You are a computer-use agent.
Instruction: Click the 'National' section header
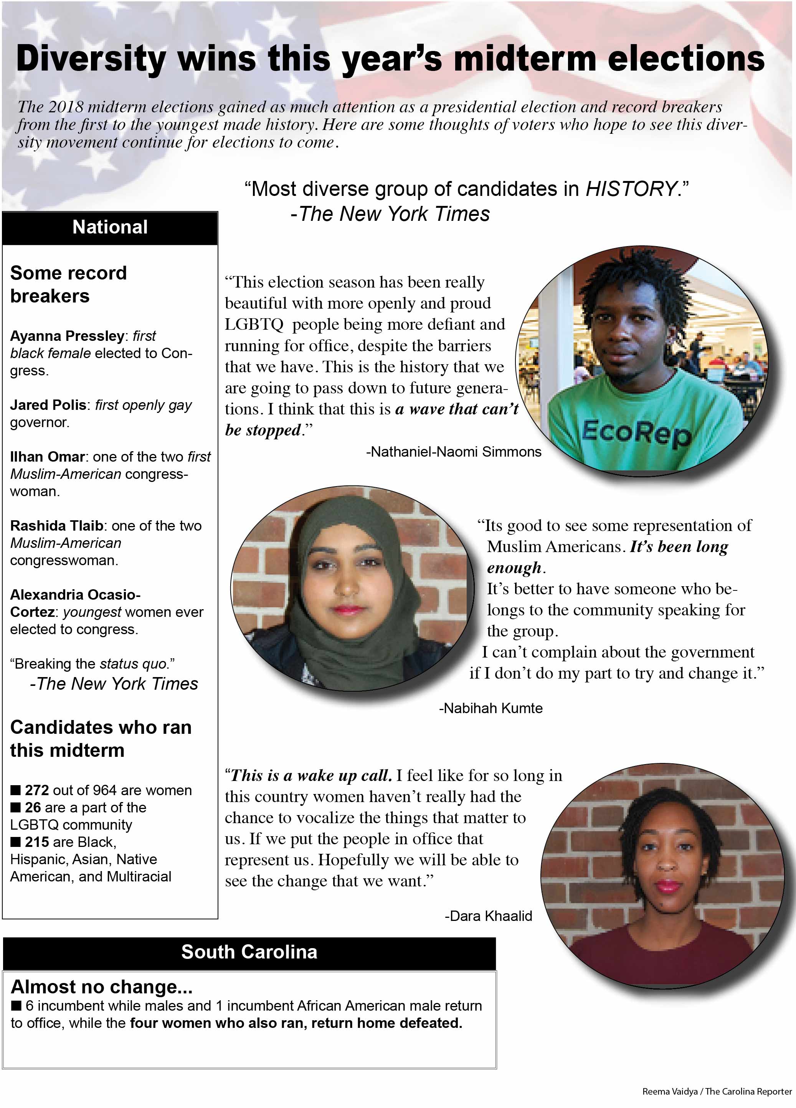[110, 227]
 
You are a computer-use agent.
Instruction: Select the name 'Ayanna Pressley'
[68, 336]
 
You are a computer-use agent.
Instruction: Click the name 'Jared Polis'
[48, 405]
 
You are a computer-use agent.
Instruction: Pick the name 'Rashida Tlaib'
[57, 526]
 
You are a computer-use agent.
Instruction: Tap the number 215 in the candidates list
[37, 842]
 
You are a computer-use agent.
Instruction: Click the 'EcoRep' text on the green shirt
[636, 432]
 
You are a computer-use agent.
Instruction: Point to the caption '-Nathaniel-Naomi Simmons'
[453, 452]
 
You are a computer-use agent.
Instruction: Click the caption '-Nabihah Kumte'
[490, 709]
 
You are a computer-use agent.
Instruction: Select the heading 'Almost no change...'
[102, 987]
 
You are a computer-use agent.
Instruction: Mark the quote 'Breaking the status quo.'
[92, 664]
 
